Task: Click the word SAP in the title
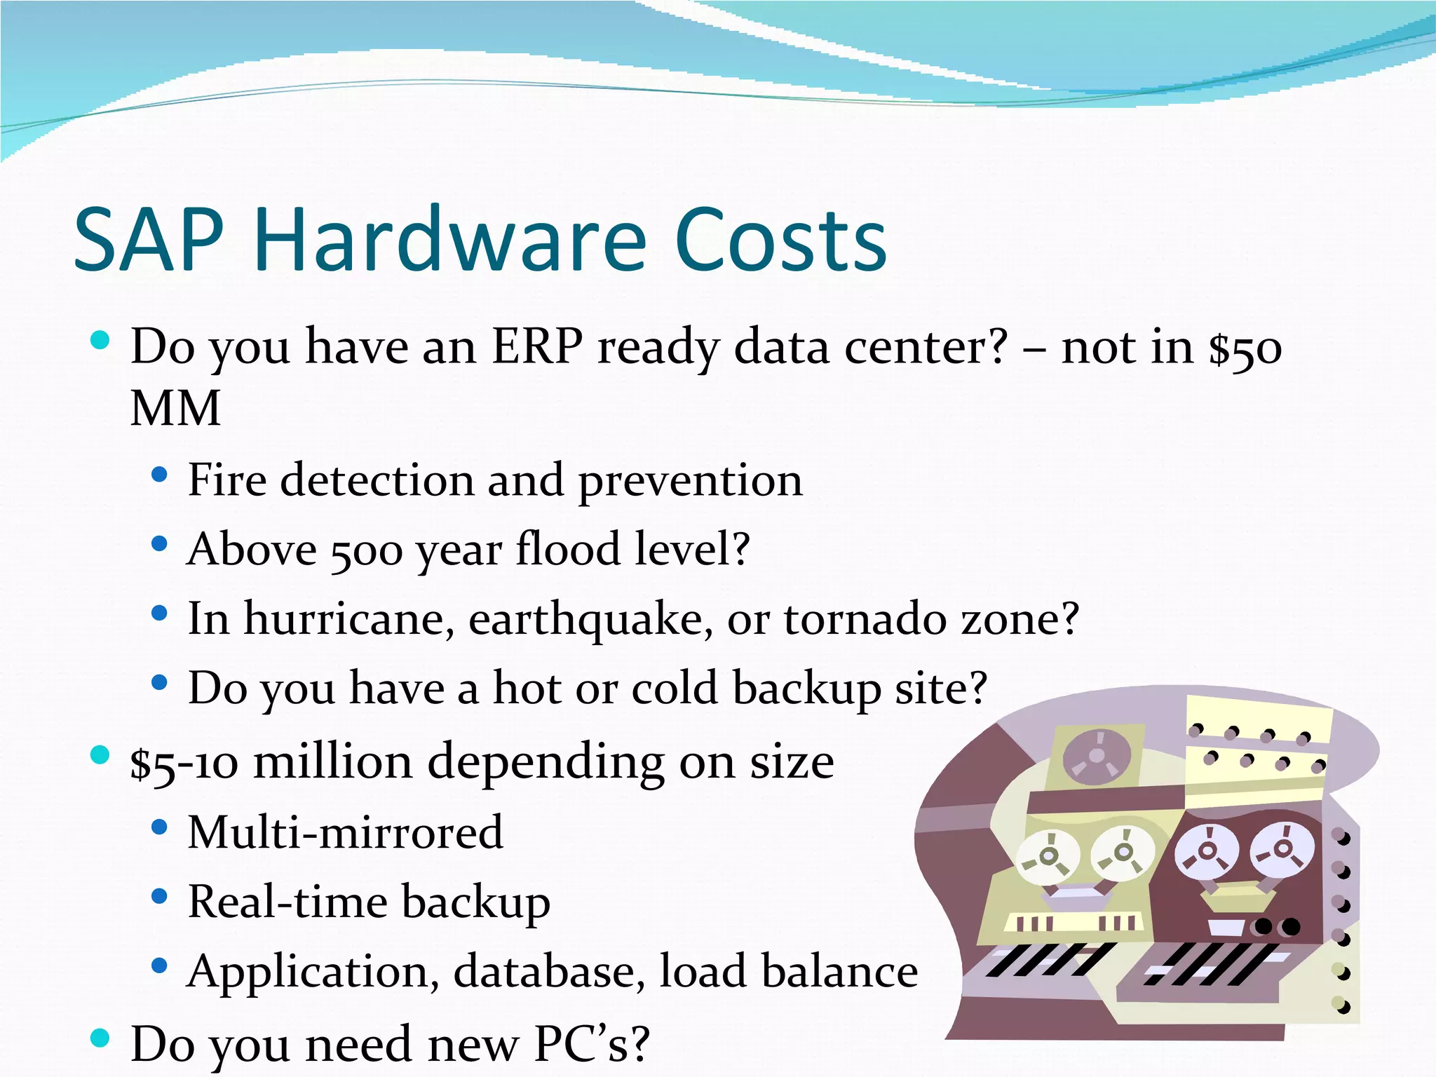148,240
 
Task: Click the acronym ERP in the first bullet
536,346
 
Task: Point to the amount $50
1245,348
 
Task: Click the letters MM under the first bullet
176,408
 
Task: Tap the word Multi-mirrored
345,832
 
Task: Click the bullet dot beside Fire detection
160,475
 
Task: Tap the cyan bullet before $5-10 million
100,755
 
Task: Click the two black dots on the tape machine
1277,927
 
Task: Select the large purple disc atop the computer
1096,756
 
